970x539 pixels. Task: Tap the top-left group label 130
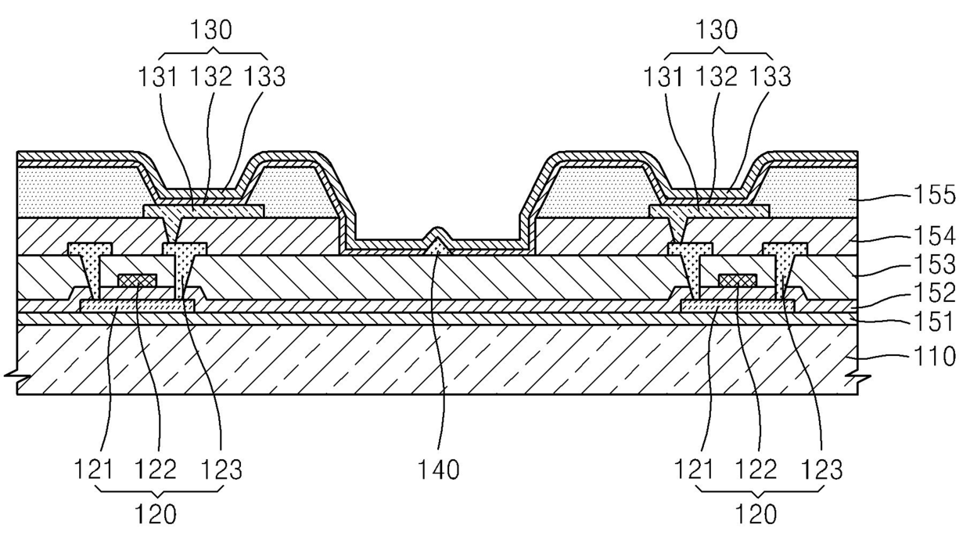click(211, 31)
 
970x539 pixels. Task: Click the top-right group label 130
click(717, 31)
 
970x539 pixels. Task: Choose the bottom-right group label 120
click(756, 514)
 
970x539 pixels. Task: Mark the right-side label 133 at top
click(770, 77)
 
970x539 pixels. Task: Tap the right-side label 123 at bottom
click(821, 469)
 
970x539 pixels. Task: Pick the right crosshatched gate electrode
click(737, 280)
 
